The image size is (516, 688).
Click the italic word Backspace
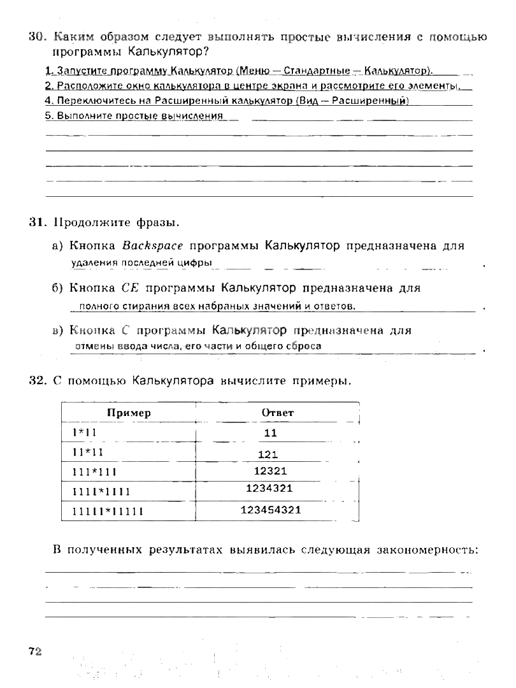click(153, 246)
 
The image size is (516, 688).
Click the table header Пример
click(129, 413)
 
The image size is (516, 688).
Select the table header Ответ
click(278, 413)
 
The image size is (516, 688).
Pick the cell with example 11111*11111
click(103, 511)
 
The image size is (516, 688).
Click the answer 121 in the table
click(268, 455)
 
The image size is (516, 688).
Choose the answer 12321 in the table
click(271, 471)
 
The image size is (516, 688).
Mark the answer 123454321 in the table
click(271, 510)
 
